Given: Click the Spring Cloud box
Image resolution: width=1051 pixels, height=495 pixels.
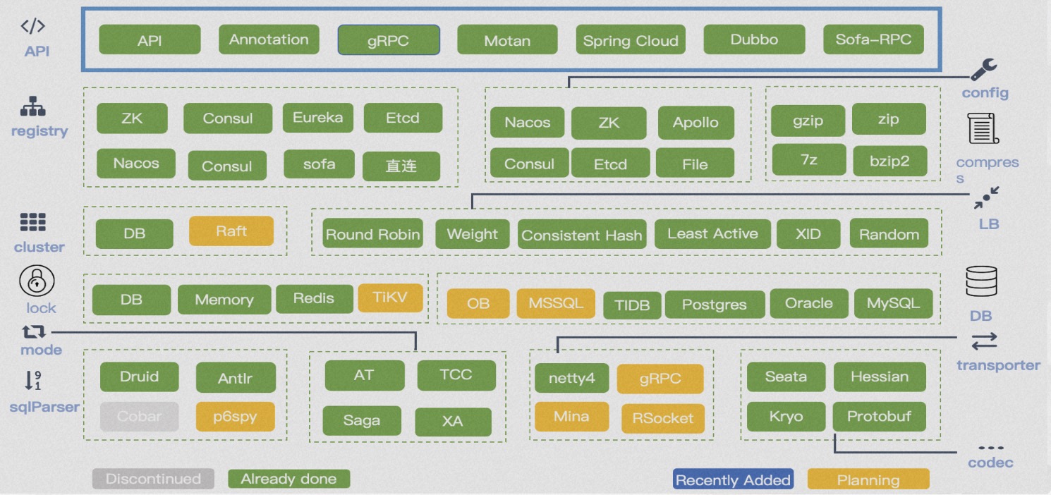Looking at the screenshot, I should tap(631, 40).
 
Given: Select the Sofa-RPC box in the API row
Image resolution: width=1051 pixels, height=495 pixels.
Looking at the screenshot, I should tap(873, 39).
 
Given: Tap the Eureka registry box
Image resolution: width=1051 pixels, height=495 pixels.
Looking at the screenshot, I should tap(318, 118).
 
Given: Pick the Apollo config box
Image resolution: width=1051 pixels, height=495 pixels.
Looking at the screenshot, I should tap(695, 123).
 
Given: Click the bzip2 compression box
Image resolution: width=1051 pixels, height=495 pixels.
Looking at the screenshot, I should tap(889, 161).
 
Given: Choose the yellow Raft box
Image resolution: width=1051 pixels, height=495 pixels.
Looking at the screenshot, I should tap(231, 231).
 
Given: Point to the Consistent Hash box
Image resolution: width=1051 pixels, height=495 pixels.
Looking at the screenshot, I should tap(582, 236).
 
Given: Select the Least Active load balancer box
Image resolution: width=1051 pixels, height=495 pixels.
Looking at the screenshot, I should tap(712, 234).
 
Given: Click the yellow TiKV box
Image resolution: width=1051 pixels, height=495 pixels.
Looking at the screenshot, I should tap(390, 298).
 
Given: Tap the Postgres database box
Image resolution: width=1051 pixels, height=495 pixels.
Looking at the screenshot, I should tap(715, 305).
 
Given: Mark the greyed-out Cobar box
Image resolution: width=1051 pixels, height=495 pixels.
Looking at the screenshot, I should tap(139, 417).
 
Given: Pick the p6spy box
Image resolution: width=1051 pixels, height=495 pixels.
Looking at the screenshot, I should tap(235, 417).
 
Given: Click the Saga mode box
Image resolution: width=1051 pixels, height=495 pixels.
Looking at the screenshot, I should tap(362, 421).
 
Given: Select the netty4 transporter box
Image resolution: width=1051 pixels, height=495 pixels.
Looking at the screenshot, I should tap(571, 379).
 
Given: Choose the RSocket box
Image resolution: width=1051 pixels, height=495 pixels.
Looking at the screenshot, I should tap(662, 418).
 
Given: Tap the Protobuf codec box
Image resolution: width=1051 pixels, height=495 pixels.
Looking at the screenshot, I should tap(879, 417).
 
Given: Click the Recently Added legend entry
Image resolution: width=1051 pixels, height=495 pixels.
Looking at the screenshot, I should tap(733, 480).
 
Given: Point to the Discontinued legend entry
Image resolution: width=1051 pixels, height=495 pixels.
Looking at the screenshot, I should tap(153, 479).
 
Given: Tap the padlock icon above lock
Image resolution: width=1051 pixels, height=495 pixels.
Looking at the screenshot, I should tap(37, 282).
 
